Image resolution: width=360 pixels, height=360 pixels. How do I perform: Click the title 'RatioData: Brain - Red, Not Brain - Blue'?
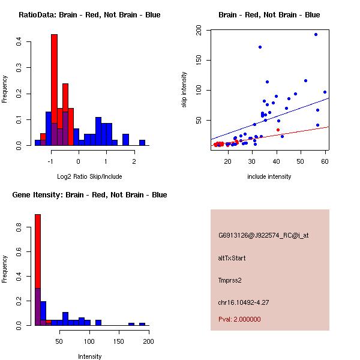coord(89,15)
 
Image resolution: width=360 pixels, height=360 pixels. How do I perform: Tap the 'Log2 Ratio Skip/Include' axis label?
coord(89,176)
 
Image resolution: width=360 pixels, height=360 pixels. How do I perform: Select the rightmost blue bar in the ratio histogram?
coord(142,143)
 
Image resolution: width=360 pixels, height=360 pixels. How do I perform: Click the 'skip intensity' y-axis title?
coord(184,90)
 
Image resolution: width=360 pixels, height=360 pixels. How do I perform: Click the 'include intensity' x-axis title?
coord(269,176)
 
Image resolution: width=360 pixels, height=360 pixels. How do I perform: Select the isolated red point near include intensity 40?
coord(278,130)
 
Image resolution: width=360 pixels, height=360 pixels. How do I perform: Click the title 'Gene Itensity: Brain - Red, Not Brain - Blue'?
coord(89,195)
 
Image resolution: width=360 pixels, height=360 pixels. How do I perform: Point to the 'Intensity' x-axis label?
coord(89,356)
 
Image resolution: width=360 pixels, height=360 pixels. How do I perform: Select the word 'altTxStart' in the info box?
coord(232,258)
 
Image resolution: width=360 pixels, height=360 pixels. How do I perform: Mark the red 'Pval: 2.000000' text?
coord(239,319)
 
